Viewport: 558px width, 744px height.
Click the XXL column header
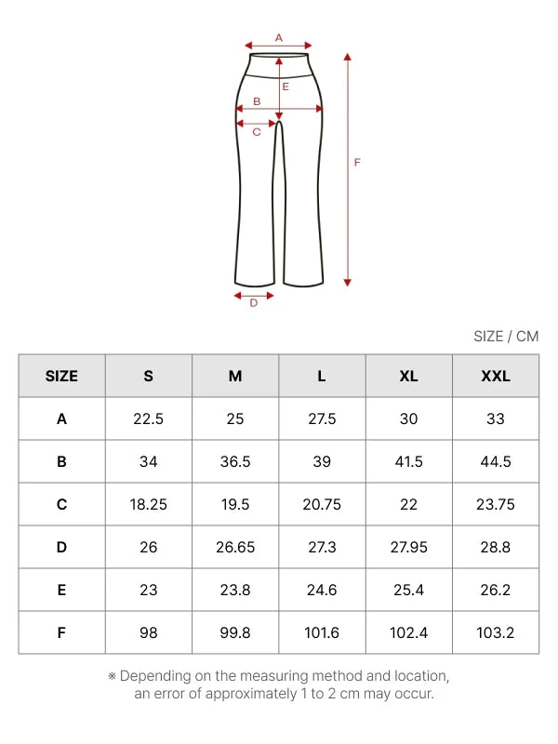click(x=496, y=377)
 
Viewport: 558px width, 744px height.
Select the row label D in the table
click(x=61, y=547)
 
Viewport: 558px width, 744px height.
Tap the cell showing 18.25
click(x=149, y=504)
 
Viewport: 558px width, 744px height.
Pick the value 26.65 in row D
click(x=235, y=547)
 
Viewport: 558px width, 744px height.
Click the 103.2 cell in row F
click(x=496, y=632)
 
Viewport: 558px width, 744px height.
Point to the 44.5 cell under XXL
click(x=496, y=461)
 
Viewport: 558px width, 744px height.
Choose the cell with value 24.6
click(x=322, y=590)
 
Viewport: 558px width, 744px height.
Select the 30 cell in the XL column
click(x=408, y=419)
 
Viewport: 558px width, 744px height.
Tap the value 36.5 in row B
click(x=235, y=461)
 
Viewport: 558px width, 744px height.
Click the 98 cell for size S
click(x=149, y=632)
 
